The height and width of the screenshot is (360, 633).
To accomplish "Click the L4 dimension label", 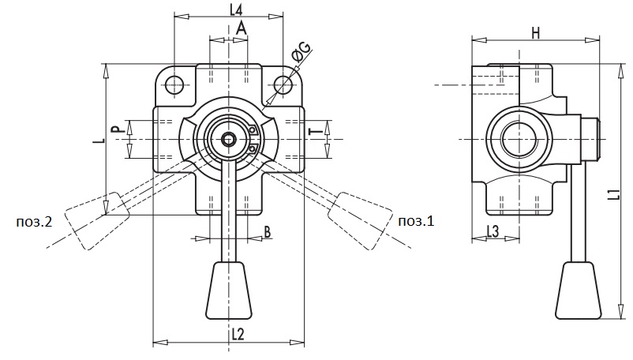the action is pyautogui.click(x=236, y=9).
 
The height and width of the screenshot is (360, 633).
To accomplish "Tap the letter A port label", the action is pyautogui.click(x=241, y=28).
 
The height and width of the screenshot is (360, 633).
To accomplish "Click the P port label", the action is pyautogui.click(x=116, y=129).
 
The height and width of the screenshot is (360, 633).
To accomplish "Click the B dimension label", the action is pyautogui.click(x=268, y=232).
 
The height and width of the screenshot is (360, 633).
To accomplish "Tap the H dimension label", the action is pyautogui.click(x=535, y=33).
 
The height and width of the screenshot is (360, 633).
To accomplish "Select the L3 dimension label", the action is pyautogui.click(x=493, y=231).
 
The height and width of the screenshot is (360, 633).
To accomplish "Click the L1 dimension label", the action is pyautogui.click(x=614, y=193).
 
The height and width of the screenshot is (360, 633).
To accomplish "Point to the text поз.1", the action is pyautogui.click(x=416, y=221).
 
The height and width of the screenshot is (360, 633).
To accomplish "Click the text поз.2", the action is pyautogui.click(x=34, y=222).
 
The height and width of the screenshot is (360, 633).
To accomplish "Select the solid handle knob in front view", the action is pyautogui.click(x=229, y=291).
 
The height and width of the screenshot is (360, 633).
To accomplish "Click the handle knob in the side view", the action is pyautogui.click(x=579, y=291).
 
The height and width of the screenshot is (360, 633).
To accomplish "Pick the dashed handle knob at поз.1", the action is pyautogui.click(x=361, y=220).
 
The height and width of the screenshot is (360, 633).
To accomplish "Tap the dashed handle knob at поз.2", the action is pyautogui.click(x=97, y=220).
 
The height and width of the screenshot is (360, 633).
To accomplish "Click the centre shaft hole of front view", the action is pyautogui.click(x=229, y=140).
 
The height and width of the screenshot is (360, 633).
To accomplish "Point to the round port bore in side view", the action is pyautogui.click(x=519, y=140).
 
